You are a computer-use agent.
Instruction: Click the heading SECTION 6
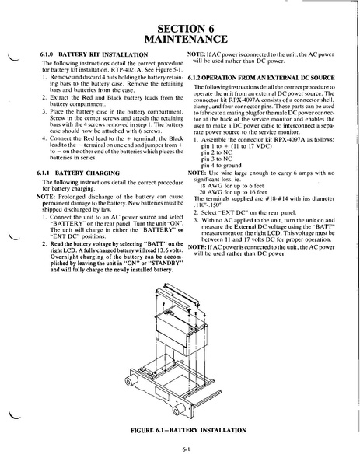click(x=186, y=29)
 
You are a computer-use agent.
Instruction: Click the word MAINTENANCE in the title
click(x=186, y=39)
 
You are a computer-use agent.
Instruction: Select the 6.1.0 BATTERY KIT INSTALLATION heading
click(x=94, y=54)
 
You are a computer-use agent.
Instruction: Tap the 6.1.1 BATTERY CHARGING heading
click(x=78, y=173)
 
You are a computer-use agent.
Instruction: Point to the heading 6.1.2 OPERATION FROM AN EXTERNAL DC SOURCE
click(x=261, y=78)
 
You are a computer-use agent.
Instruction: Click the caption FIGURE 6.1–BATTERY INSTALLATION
click(x=188, y=430)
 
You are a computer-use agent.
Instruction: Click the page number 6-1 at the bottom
click(x=187, y=449)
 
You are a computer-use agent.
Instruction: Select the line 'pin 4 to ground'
click(x=222, y=165)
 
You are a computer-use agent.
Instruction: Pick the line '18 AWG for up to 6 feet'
click(x=232, y=186)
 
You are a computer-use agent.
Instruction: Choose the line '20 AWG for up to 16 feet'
click(x=233, y=192)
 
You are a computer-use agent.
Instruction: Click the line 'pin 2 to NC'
click(x=216, y=152)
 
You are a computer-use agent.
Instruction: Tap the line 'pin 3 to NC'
click(x=216, y=159)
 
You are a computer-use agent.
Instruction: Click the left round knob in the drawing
click(x=131, y=381)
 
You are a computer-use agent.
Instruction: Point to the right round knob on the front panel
click(x=179, y=411)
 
